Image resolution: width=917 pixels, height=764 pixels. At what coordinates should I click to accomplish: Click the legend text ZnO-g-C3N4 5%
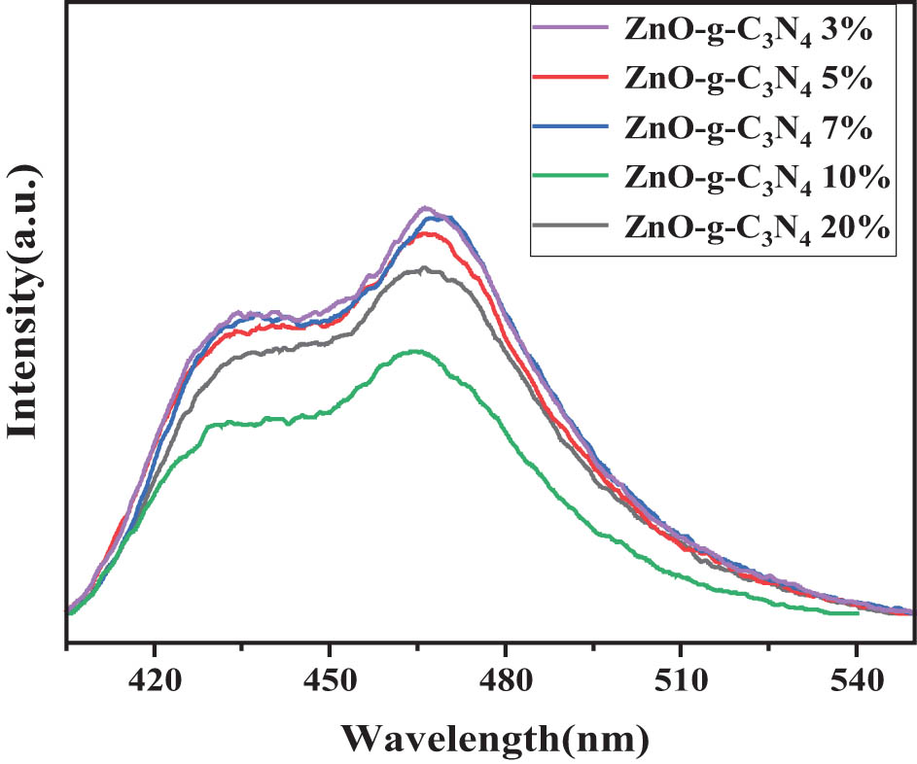[746, 79]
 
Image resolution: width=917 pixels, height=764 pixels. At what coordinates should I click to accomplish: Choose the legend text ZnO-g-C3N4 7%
[746, 128]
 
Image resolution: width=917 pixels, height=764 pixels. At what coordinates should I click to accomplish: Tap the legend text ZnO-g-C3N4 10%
[756, 178]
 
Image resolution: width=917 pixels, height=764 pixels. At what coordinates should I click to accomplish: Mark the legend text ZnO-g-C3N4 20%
[756, 227]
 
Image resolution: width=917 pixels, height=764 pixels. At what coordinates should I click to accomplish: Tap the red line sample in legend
[572, 78]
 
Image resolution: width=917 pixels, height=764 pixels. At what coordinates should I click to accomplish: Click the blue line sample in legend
[572, 127]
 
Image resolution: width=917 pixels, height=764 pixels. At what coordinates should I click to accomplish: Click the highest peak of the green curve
[417, 351]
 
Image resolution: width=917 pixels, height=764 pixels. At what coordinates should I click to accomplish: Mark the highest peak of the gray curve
[422, 268]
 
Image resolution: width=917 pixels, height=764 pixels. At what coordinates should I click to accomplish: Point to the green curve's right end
[857, 613]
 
